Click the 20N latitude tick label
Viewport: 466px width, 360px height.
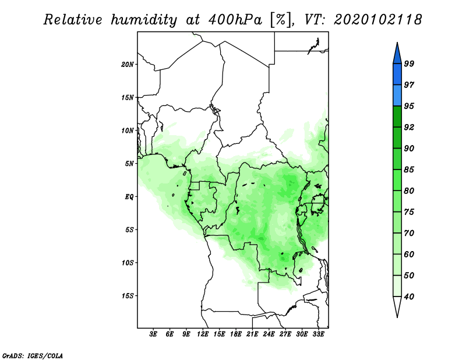tap(128, 65)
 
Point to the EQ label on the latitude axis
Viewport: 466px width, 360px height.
tap(129, 197)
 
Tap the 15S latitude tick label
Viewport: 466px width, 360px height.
tap(128, 296)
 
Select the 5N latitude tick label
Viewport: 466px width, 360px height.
tap(129, 164)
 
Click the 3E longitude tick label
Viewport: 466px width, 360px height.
tap(153, 334)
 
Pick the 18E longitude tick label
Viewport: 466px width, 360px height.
tap(236, 334)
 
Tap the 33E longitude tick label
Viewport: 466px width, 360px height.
tap(318, 334)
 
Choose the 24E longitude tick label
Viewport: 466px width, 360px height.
tap(269, 334)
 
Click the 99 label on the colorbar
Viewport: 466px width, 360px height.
tap(409, 63)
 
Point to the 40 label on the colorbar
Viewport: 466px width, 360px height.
tap(409, 297)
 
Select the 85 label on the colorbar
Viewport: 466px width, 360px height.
tap(409, 170)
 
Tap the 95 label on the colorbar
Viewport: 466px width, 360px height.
tap(409, 106)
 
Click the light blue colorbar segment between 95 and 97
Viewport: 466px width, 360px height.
tap(397, 96)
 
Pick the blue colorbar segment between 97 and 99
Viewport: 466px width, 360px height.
tap(397, 75)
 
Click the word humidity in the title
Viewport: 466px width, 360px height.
tap(144, 20)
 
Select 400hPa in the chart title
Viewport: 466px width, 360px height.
tap(235, 20)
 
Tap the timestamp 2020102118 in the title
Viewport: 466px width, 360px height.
tap(377, 20)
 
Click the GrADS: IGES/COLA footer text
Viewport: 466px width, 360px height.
tap(33, 356)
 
